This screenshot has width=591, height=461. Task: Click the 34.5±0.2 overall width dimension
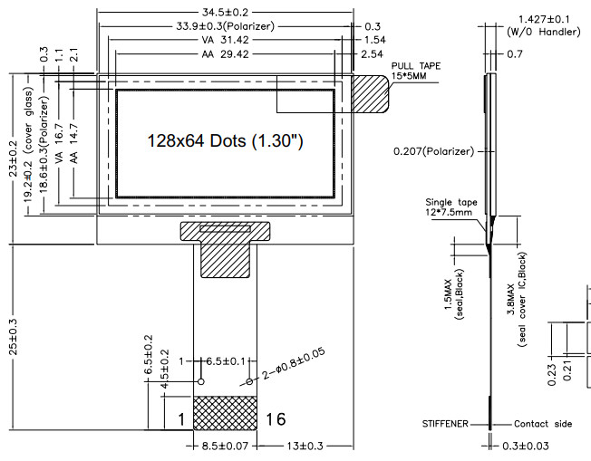225,12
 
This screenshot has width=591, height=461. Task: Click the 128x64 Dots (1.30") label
225,141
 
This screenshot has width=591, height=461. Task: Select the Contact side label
544,424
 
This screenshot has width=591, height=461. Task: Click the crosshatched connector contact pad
225,412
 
